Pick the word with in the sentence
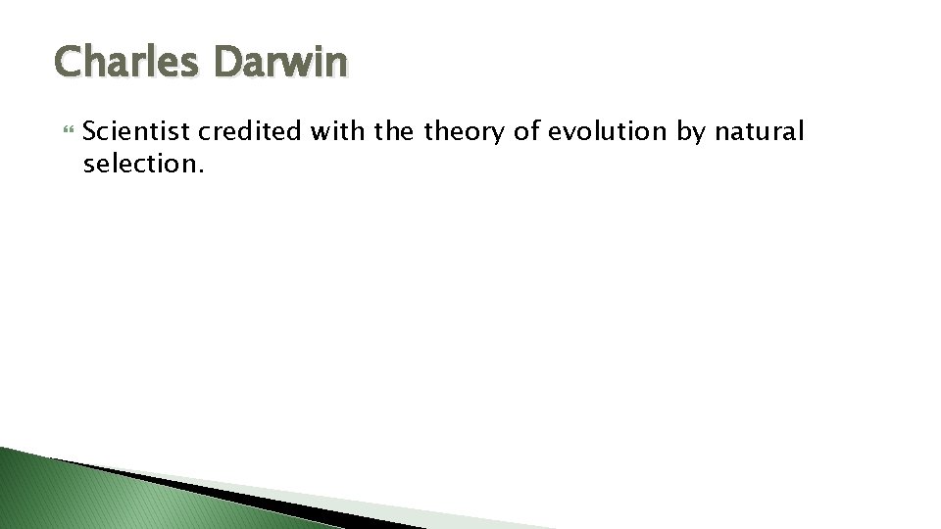[338, 131]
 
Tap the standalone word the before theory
[397, 131]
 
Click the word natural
[762, 131]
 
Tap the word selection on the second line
[139, 164]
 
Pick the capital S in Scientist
[92, 131]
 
